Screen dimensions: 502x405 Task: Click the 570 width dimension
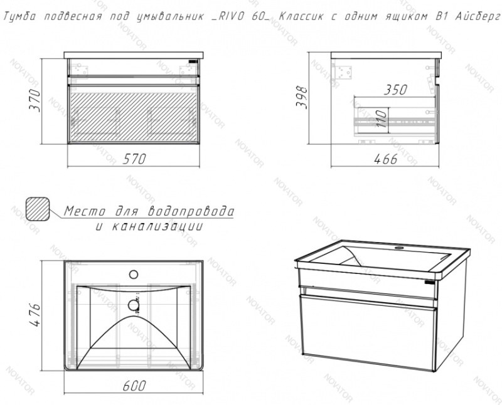(x=134, y=159)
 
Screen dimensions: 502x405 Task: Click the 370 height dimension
(x=35, y=100)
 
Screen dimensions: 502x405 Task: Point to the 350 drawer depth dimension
(x=395, y=90)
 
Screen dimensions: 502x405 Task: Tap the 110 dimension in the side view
(x=381, y=118)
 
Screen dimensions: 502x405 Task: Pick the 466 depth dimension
(x=385, y=159)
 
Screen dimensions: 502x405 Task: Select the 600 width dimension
(x=134, y=386)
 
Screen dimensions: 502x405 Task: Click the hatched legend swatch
(x=38, y=209)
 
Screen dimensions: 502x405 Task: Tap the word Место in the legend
(x=85, y=211)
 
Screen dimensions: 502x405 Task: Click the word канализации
(x=158, y=226)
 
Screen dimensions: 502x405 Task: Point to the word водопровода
(x=191, y=211)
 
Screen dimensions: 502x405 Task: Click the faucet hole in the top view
(x=134, y=274)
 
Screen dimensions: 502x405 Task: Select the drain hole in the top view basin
(x=134, y=305)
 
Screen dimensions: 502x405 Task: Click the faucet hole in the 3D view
(x=399, y=248)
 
